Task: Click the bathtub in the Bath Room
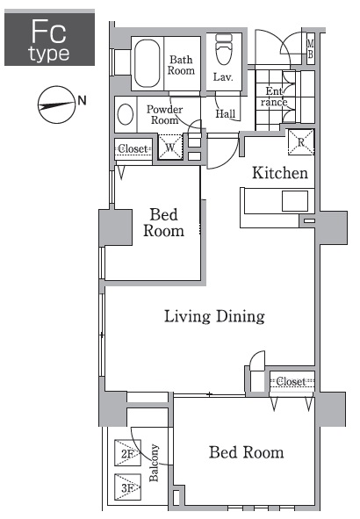[x=148, y=63]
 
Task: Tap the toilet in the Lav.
[x=224, y=50]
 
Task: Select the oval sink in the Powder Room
[x=126, y=114]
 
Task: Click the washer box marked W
[x=170, y=147]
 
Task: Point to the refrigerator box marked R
[x=301, y=142]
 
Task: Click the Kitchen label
[x=280, y=173]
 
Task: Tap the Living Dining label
[x=214, y=316]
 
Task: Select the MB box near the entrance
[x=310, y=48]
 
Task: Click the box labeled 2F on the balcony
[x=127, y=452]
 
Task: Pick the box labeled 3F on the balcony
[x=127, y=487]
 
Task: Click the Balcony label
[x=154, y=463]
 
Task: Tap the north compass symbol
[x=56, y=105]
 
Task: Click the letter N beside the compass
[x=82, y=100]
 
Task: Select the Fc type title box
[x=50, y=38]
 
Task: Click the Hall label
[x=226, y=114]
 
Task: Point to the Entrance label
[x=274, y=97]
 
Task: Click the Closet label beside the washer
[x=133, y=148]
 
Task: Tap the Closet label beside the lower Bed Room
[x=291, y=381]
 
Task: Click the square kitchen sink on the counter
[x=295, y=201]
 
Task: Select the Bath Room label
[x=181, y=65]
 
